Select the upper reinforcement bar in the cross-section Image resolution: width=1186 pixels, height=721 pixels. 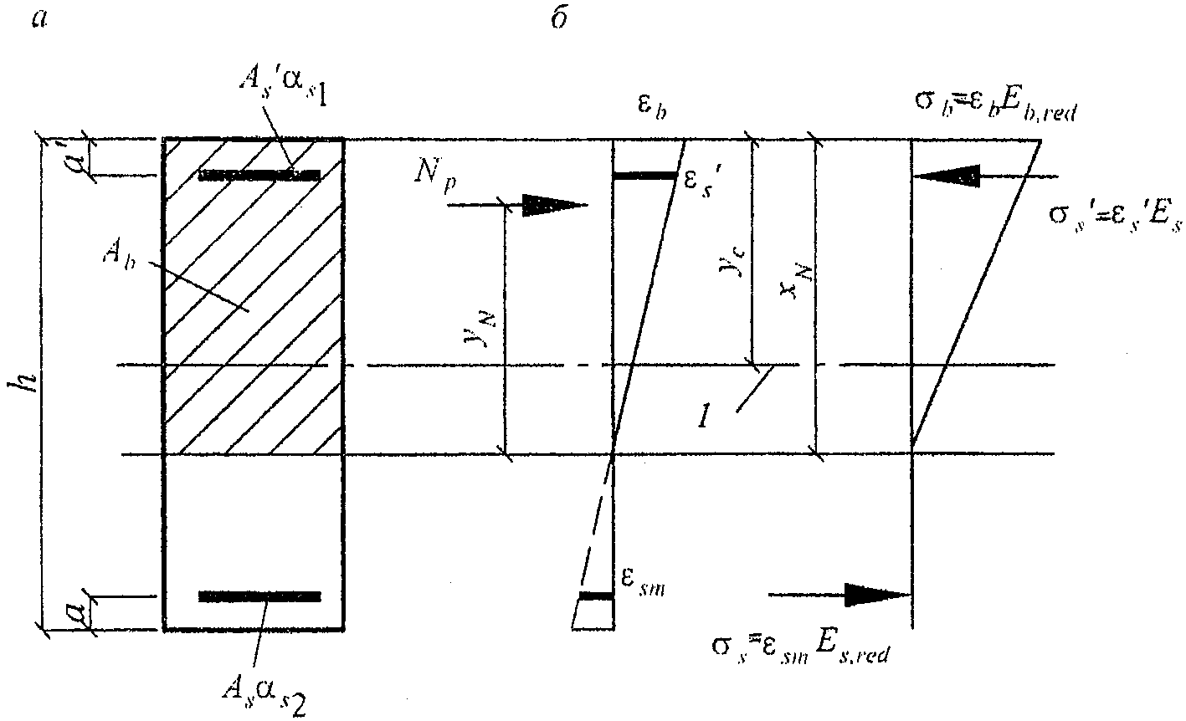pos(259,176)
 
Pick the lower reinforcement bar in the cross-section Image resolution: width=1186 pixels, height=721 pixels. pos(259,596)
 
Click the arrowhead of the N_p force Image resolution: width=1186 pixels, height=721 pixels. pos(552,205)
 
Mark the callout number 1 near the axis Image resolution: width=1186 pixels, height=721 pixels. pos(705,415)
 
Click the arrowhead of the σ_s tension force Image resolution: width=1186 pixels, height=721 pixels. pos(875,595)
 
